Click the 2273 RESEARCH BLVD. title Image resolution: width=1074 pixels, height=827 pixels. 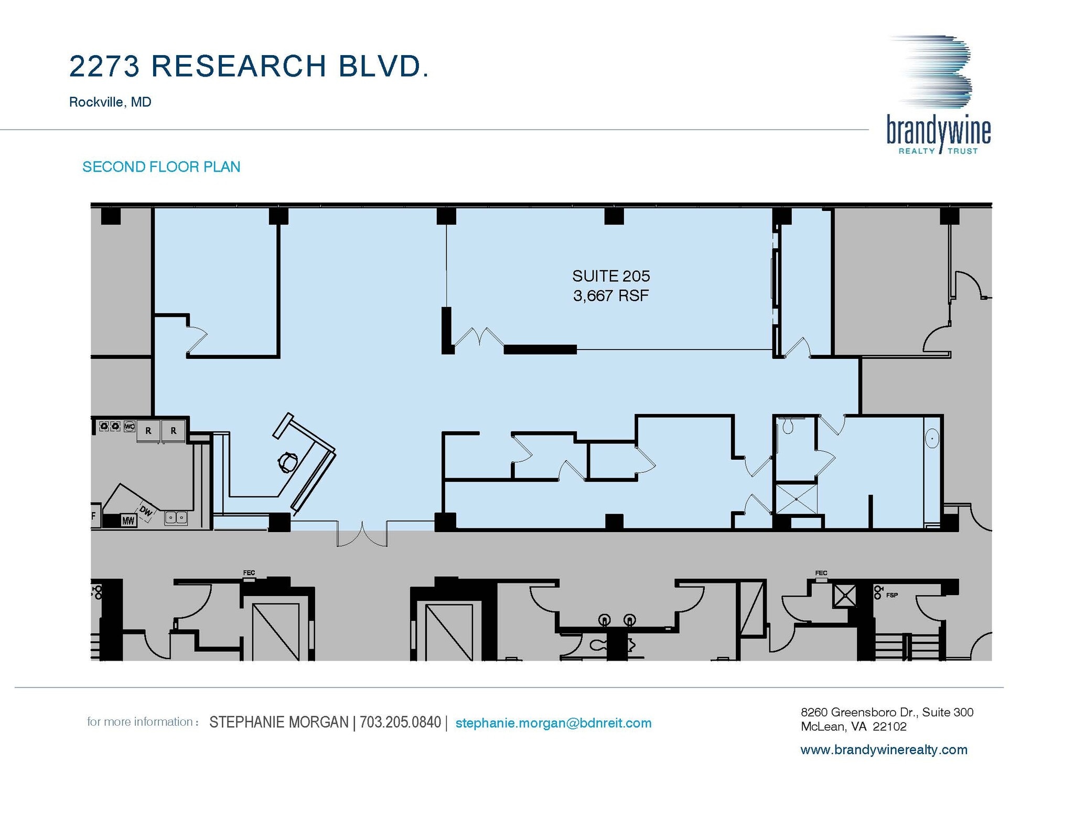point(249,67)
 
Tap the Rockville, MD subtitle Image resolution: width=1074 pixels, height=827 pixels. point(110,102)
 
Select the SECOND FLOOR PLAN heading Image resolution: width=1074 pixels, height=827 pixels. point(161,167)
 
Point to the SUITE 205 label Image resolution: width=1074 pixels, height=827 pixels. point(610,276)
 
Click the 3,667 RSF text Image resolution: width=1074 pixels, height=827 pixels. point(610,296)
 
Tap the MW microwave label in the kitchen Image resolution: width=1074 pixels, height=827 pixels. point(128,521)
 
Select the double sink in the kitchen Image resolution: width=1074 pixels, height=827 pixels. point(176,518)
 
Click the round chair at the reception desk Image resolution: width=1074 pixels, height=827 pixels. point(288,462)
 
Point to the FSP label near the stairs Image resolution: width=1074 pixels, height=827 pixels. point(892,595)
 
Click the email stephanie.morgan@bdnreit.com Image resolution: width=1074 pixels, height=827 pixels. point(553,723)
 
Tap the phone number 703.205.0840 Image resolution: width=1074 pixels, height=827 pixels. point(400,723)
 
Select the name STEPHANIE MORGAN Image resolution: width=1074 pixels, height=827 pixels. point(278,723)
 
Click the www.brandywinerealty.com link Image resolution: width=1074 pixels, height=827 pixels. point(883,750)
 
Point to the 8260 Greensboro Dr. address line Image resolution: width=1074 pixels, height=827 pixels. point(886,712)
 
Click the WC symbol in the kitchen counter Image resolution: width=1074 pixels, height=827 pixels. point(129,426)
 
